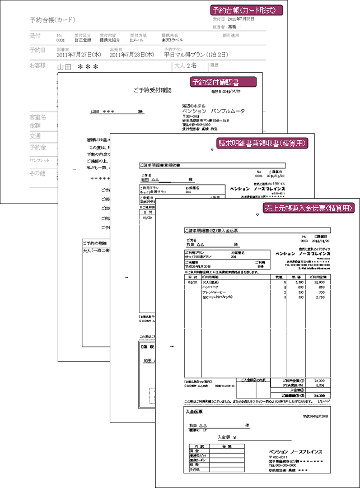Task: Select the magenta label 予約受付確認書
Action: pyautogui.click(x=223, y=82)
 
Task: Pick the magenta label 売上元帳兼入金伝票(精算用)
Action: pyautogui.click(x=308, y=208)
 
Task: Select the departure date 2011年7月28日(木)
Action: pyautogui.click(x=132, y=54)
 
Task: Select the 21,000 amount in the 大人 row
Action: pyautogui.click(x=324, y=283)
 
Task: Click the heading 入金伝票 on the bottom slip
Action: pyautogui.click(x=195, y=412)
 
